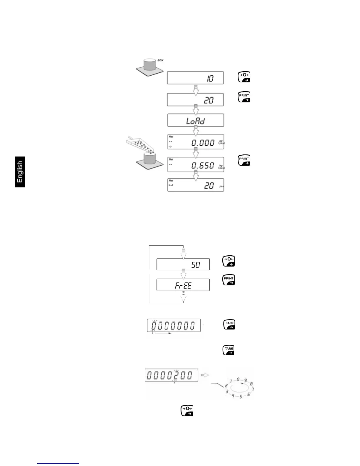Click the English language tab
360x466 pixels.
(x=20, y=172)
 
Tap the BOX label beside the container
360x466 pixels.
(x=160, y=60)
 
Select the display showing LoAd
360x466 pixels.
(x=196, y=120)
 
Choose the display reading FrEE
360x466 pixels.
(x=183, y=285)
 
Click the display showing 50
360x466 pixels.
(x=183, y=264)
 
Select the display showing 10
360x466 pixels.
(x=195, y=78)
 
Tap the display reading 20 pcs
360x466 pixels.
(x=196, y=185)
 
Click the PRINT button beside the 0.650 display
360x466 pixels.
(x=244, y=160)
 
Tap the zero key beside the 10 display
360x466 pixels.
(x=244, y=77)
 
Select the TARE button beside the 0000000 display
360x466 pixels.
(x=229, y=324)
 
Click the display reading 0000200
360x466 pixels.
(x=171, y=375)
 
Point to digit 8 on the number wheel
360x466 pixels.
(x=251, y=384)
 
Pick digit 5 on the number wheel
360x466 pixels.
(x=241, y=397)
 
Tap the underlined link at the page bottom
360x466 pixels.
(x=58, y=463)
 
